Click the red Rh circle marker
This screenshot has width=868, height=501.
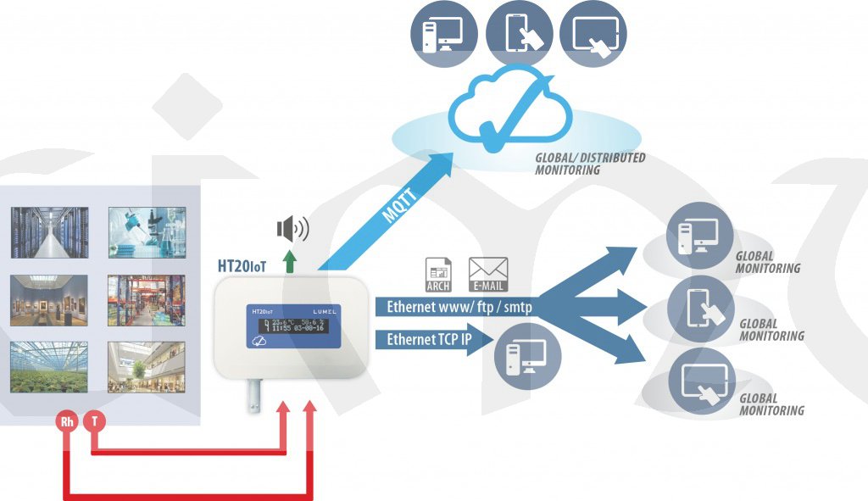tap(67, 422)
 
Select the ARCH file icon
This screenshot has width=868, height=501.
tap(438, 275)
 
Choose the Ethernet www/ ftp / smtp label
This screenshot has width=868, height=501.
tap(459, 307)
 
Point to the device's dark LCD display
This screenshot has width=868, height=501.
tap(292, 326)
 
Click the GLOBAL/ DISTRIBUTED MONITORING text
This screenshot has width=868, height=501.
tap(590, 164)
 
